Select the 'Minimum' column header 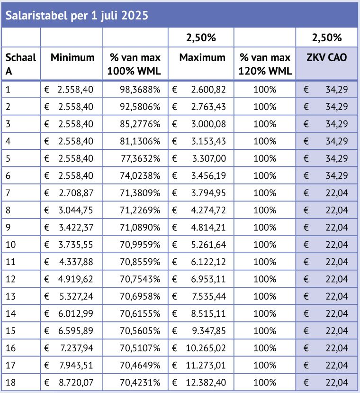(x=72, y=58)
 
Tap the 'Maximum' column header (x=202, y=58)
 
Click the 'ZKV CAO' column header (x=327, y=58)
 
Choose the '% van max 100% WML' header (x=135, y=64)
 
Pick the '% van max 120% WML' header (x=265, y=64)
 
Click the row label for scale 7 (x=9, y=192)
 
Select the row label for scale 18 (x=11, y=382)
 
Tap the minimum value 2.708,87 (x=75, y=192)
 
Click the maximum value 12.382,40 (x=203, y=382)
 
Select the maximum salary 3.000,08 (x=206, y=124)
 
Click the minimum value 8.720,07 (x=75, y=382)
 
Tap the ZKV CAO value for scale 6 (x=336, y=175)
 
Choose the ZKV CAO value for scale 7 (x=336, y=192)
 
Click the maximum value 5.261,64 (x=206, y=244)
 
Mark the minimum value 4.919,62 (x=75, y=278)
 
